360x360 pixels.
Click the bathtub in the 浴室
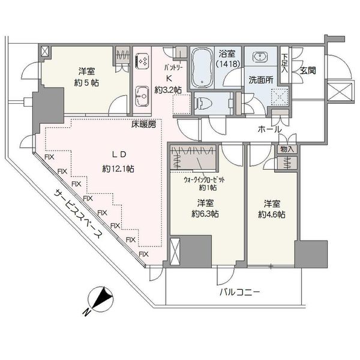(x=202, y=67)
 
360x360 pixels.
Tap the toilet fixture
(x=202, y=103)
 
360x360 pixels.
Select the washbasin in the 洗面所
(x=260, y=57)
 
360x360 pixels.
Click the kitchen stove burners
(x=142, y=61)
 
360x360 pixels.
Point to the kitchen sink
(x=142, y=97)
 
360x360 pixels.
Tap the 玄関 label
(x=308, y=71)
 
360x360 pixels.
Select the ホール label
(x=269, y=130)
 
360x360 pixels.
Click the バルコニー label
(x=239, y=293)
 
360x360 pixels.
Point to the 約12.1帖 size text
(x=118, y=169)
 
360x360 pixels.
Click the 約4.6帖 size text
(x=272, y=215)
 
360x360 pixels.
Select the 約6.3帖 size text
(x=205, y=214)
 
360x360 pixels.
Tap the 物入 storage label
(x=287, y=149)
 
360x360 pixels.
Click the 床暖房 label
(x=144, y=125)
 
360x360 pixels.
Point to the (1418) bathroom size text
(x=229, y=64)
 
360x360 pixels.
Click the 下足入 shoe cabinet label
(x=284, y=63)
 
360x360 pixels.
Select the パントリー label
(x=173, y=68)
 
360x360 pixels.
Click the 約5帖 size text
(x=86, y=83)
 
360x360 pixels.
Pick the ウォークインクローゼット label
(x=204, y=180)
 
